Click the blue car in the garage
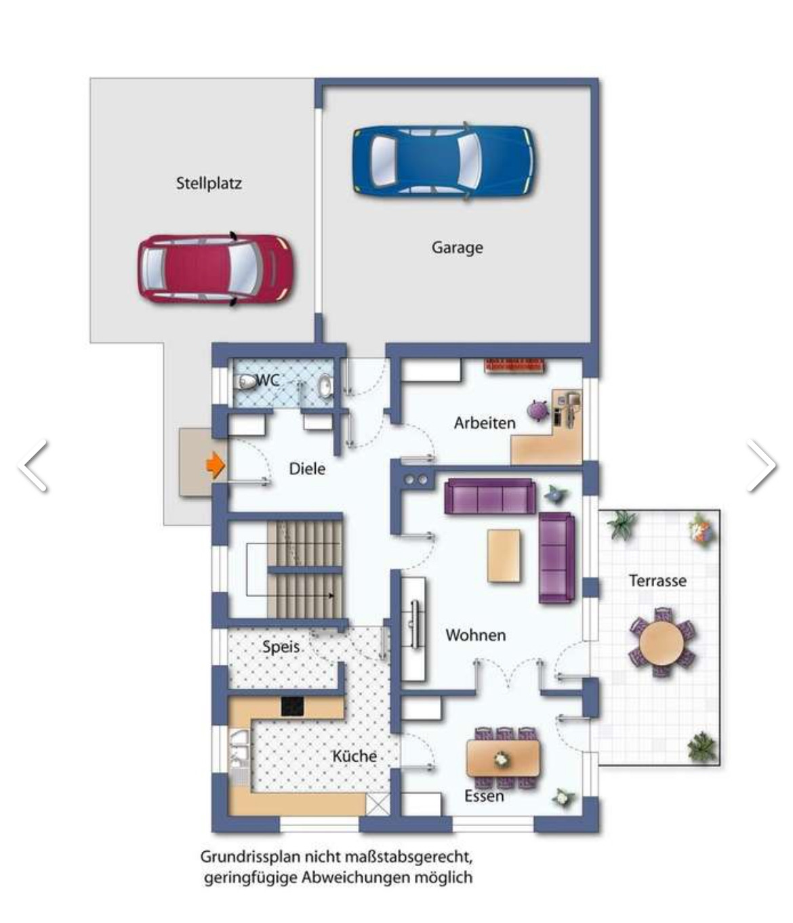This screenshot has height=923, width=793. coord(444,161)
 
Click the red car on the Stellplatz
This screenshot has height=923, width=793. coord(216,270)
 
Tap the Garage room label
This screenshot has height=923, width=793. coord(457,247)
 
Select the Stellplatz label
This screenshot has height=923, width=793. coord(209,183)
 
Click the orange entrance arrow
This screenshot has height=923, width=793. coord(216,466)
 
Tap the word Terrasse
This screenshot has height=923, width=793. coord(657,581)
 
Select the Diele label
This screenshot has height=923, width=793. coord(307,469)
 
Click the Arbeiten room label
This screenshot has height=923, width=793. coord(485,423)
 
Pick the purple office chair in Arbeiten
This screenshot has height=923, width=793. coord(537,410)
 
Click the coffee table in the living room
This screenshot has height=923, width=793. coord(504,556)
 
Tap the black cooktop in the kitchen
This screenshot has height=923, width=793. coord(293,706)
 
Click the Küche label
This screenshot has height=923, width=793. coord(354,756)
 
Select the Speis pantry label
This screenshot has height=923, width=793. coord(281,647)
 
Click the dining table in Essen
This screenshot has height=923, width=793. coord(503,758)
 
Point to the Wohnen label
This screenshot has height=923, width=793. coord(476,635)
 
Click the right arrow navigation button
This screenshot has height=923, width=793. coord(762,466)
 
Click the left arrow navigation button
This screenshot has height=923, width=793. coord(33,466)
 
